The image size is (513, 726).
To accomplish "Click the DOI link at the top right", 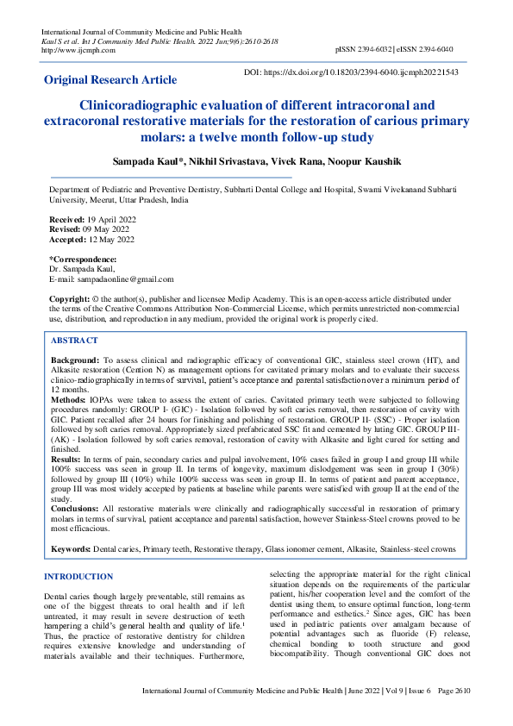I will point(363,73).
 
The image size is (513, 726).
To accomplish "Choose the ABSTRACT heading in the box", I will point(75,341).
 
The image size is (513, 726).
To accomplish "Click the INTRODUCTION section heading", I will point(78,577).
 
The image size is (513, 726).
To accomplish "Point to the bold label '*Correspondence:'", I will point(82,260).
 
